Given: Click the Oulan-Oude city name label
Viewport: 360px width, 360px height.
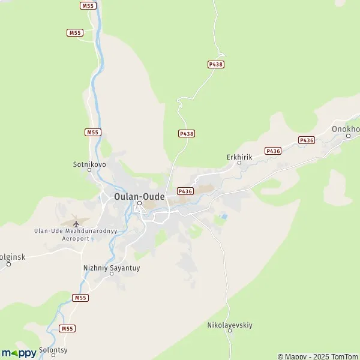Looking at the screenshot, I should coord(139,196).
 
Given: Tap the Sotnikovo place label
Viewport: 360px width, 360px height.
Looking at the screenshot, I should coord(89,163).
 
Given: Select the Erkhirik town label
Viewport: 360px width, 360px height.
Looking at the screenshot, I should coord(239,157).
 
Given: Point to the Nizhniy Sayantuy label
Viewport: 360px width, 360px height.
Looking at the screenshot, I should coord(111,268).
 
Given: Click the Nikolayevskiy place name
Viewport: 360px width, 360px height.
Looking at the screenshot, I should coord(230,325).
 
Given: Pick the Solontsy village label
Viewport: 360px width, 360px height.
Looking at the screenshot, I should coord(53,349).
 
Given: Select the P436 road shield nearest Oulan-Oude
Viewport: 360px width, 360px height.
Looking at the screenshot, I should coord(185,191).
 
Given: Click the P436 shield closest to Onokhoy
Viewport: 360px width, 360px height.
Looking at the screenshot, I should coord(307,140).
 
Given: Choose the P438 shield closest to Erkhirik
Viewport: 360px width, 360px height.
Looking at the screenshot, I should coord(187,134).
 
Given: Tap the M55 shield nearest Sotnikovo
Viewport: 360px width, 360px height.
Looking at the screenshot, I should coord(92,132).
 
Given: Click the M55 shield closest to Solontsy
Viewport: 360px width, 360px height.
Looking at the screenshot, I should coord(67,329).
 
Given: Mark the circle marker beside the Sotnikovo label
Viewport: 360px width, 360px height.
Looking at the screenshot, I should coord(90,170).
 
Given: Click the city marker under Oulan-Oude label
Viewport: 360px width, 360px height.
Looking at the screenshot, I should coord(139,203).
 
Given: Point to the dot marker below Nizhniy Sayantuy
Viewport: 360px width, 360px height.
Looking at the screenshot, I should coord(111,274).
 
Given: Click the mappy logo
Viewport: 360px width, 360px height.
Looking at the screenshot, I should coord(19,353).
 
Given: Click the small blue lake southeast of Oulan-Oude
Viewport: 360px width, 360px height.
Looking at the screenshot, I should coord(224,215).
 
